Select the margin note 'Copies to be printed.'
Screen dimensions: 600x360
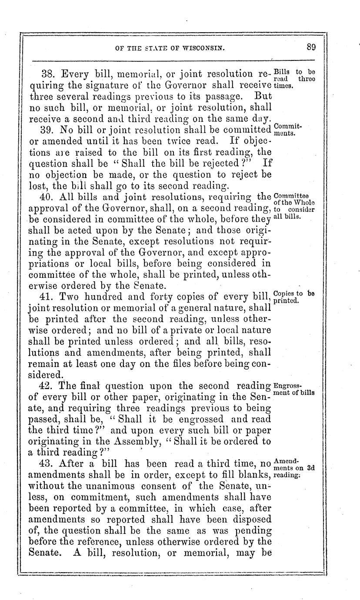[293, 296]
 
